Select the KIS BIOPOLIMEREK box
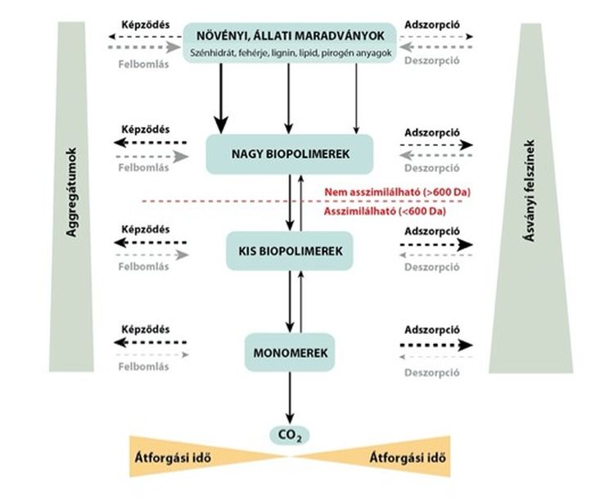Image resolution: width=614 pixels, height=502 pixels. tap(290, 252)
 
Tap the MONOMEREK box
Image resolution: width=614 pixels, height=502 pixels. tap(290, 352)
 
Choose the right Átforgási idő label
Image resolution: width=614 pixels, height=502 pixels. tap(409, 456)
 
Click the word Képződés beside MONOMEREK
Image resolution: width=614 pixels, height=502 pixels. tap(144, 329)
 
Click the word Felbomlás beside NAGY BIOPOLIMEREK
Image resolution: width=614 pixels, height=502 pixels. tap(144, 168)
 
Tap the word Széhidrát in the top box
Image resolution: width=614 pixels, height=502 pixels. tap(209, 52)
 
